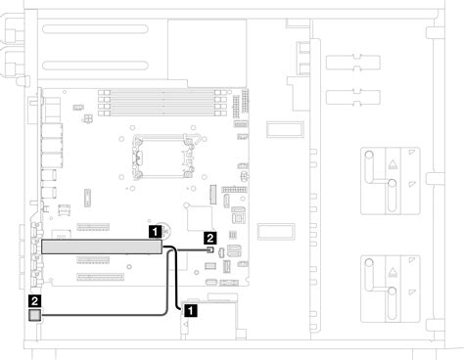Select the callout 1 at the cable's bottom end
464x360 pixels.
(x=191, y=308)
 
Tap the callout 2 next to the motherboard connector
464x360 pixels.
(x=209, y=238)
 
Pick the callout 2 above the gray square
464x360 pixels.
(x=36, y=301)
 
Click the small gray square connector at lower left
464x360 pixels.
(x=36, y=315)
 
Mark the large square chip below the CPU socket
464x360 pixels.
(x=201, y=218)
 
